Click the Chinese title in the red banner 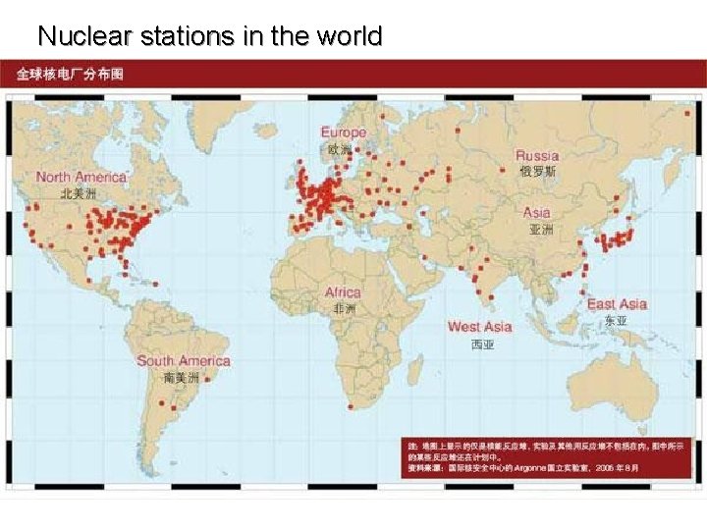click(x=70, y=75)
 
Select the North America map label click(x=82, y=177)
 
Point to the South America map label click(x=183, y=361)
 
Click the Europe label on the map click(x=343, y=132)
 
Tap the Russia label click(x=537, y=155)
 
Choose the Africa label click(x=343, y=292)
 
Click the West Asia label click(x=479, y=327)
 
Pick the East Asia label click(x=617, y=304)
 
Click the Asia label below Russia click(x=537, y=212)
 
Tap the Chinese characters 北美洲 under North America click(x=80, y=193)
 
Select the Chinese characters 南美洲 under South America click(x=182, y=377)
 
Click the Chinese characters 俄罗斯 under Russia click(x=537, y=171)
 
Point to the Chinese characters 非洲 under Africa click(x=344, y=308)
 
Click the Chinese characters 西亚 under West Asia click(x=482, y=344)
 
